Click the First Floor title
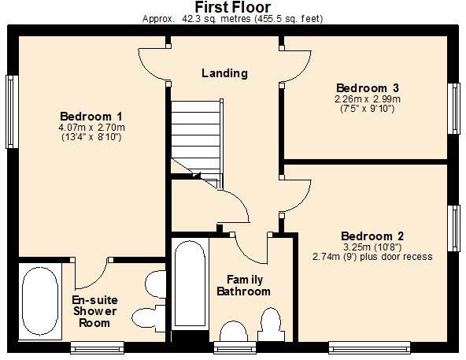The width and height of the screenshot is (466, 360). coord(232,7)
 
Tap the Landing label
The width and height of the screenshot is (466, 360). coord(224,73)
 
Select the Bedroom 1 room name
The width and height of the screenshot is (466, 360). coord(91,115)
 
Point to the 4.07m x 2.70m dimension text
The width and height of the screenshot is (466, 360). coord(92,127)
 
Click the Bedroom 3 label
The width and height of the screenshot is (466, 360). coord(368,87)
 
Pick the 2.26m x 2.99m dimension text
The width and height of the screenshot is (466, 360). coord(368,98)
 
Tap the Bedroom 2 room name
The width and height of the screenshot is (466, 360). coord(372,236)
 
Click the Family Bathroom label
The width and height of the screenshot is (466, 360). coord(243,286)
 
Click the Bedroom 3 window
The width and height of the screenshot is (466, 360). coord(453,108)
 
